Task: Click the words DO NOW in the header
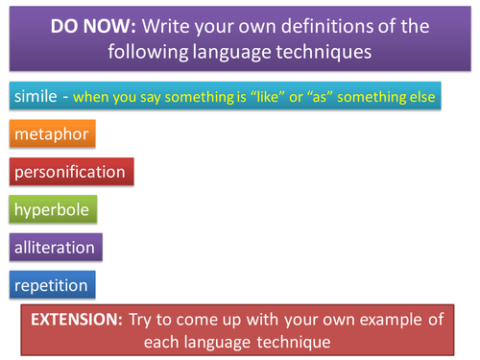click(90, 26)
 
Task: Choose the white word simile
click(36, 96)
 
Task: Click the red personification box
click(70, 172)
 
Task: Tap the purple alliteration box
click(55, 247)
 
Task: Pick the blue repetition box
click(51, 284)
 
